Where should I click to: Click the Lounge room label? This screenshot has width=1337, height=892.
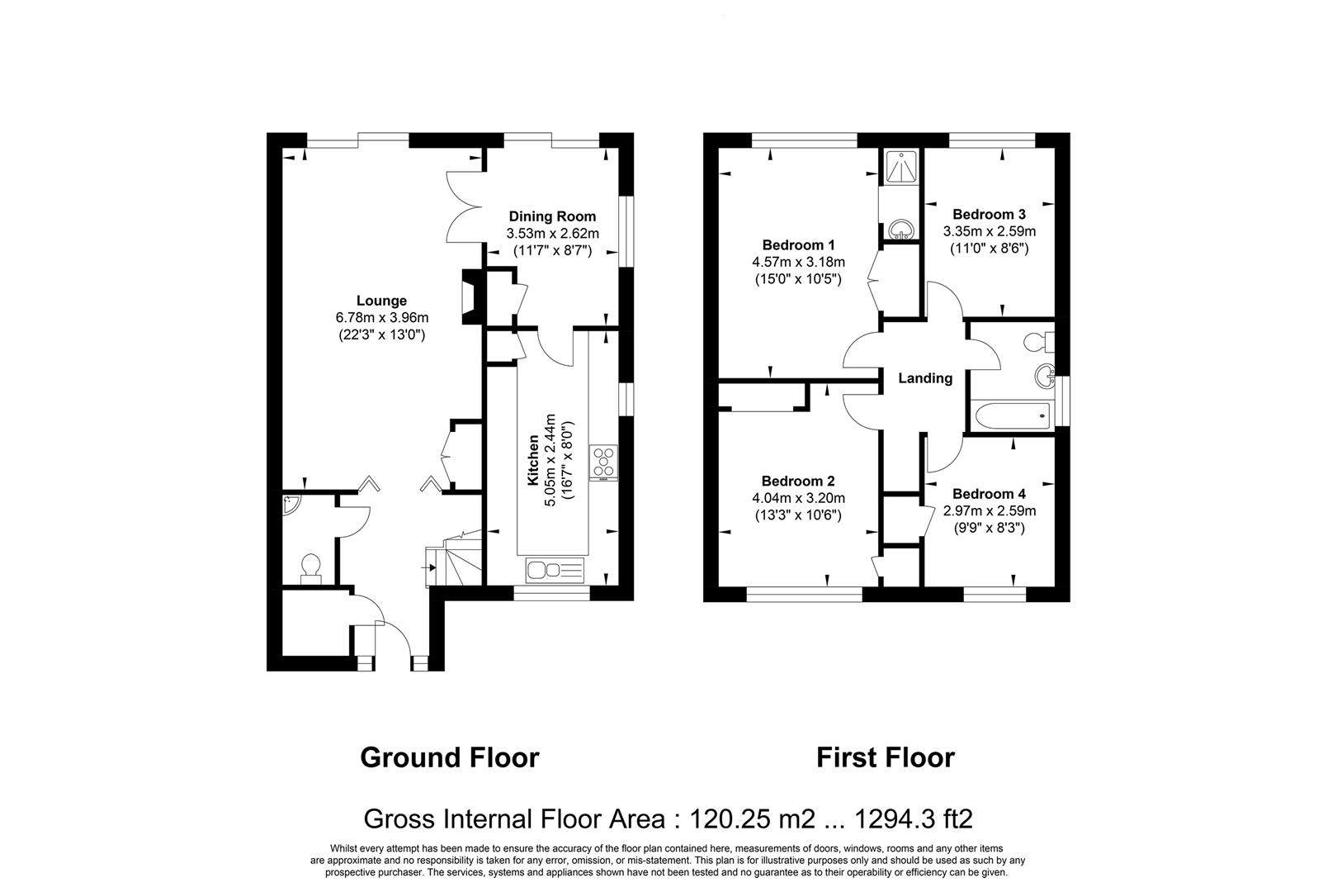[x=381, y=301]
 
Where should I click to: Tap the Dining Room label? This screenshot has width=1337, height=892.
[x=551, y=216]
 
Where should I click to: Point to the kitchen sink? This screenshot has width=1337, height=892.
[x=555, y=569]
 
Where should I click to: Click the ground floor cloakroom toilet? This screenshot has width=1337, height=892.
[x=310, y=568]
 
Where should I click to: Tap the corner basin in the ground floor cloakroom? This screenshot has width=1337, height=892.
[x=291, y=503]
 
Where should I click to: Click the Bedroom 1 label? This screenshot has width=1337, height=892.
[x=798, y=244]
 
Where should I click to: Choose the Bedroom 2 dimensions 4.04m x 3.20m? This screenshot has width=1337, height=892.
[x=798, y=498]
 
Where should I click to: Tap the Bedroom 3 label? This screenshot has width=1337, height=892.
[x=990, y=214]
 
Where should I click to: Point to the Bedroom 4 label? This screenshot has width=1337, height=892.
[x=990, y=494]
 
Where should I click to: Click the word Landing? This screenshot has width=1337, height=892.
[x=925, y=378]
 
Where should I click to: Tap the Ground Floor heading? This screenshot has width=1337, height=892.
[x=449, y=757]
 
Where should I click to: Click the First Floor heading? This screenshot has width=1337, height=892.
[x=885, y=757]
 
